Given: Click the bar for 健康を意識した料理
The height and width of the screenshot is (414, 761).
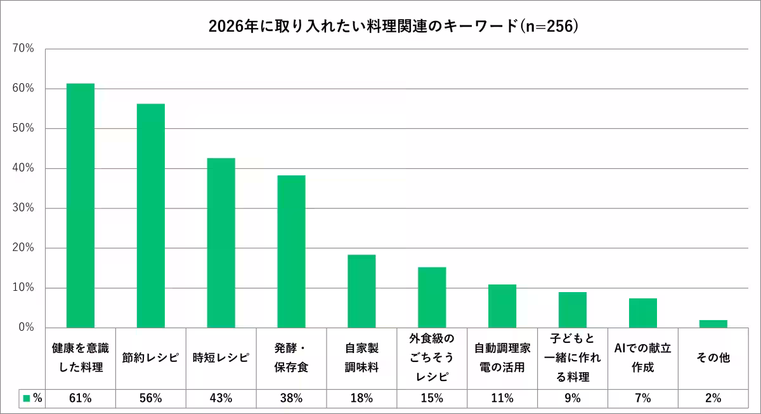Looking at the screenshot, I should tap(81, 206).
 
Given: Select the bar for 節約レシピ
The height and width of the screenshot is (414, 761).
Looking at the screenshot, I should tap(151, 216).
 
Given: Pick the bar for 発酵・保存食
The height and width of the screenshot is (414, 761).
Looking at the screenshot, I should tap(291, 251).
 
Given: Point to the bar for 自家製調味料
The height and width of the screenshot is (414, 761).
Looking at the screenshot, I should tap(361, 291).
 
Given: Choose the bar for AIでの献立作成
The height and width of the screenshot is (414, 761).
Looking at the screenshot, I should tap(643, 313).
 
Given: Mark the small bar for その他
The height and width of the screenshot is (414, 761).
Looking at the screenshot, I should tap(713, 324).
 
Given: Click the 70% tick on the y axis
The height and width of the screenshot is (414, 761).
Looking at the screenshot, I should tap(23, 49).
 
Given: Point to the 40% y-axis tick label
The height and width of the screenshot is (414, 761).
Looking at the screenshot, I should tap(23, 168).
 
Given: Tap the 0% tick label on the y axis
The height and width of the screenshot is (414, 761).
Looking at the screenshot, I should tap(25, 328).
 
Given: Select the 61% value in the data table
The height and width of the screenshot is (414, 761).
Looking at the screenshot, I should tap(81, 399).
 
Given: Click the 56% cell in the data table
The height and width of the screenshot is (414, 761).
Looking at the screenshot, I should tap(151, 399).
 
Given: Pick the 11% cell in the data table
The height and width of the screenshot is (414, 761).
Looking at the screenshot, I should tap(502, 399).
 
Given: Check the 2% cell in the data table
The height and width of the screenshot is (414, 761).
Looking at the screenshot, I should tap(713, 399).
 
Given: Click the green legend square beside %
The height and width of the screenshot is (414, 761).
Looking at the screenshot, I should tap(27, 399).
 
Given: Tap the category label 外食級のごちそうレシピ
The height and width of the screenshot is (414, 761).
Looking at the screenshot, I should tap(432, 357).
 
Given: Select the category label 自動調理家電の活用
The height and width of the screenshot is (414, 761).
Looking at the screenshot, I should tap(502, 357).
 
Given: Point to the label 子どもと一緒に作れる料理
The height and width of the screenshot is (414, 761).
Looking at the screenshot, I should tap(573, 357).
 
